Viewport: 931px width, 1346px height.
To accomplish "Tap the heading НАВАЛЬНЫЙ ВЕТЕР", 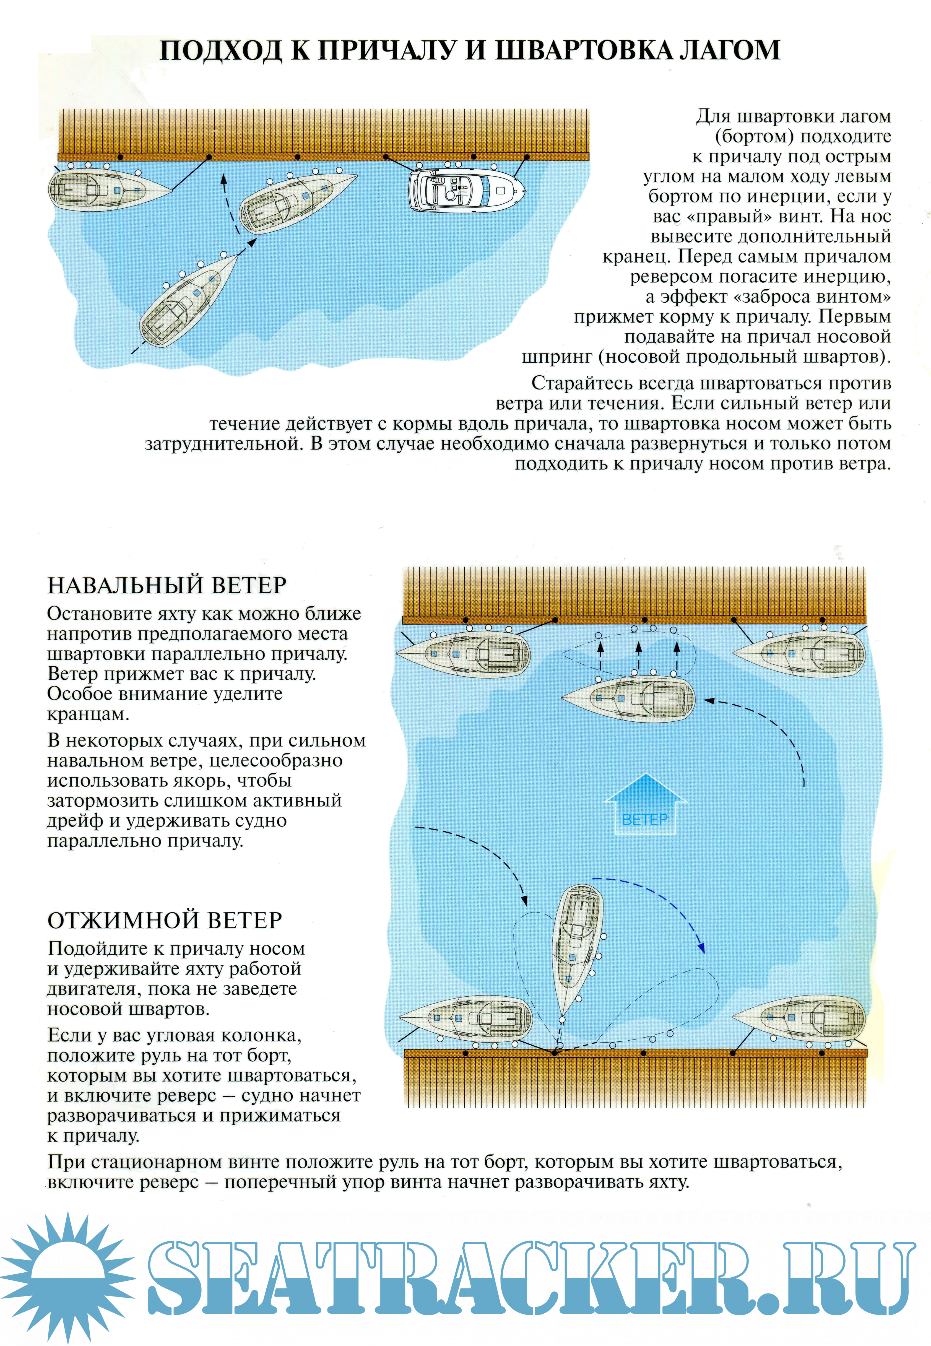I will click(167, 585).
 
